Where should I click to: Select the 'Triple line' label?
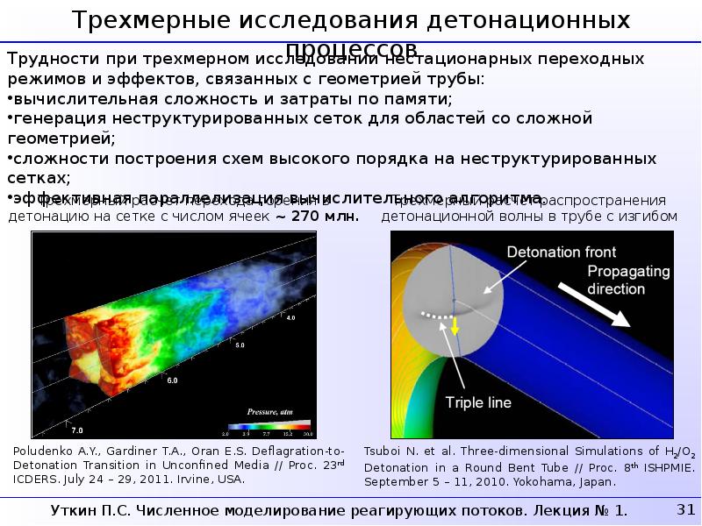click(x=478, y=402)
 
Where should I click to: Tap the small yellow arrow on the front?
click(x=455, y=324)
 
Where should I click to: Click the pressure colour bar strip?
click(x=269, y=424)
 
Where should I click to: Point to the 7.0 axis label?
click(x=76, y=430)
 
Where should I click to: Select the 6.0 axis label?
click(x=171, y=380)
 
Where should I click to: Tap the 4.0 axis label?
click(x=290, y=321)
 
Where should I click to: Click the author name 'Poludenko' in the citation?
click(x=42, y=451)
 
